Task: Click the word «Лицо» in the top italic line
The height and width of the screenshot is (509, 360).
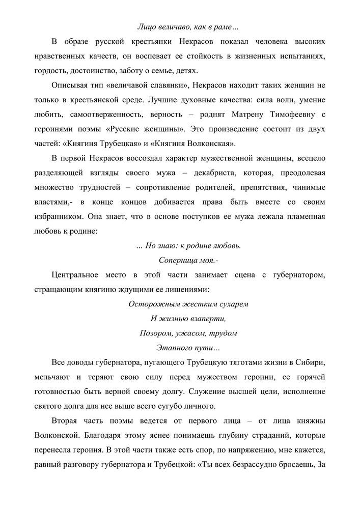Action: [x=147, y=26]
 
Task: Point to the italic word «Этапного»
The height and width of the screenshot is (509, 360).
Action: [x=171, y=349]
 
